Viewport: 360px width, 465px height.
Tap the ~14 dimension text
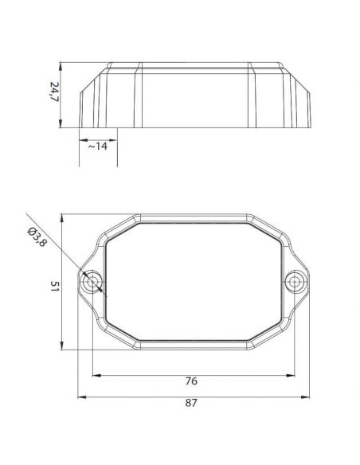tap(98, 147)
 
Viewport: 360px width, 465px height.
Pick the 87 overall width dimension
tap(190, 404)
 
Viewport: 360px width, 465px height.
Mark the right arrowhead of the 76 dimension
tap(294, 373)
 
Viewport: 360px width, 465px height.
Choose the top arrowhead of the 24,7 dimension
tap(64, 64)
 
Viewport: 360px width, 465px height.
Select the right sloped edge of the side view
tap(302, 92)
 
